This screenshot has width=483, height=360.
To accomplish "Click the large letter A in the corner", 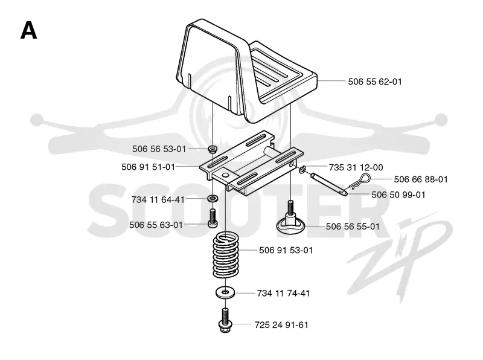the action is point(28,31).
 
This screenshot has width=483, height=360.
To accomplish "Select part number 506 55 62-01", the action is point(375,82).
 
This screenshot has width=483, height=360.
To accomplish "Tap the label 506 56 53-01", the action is point(159,149).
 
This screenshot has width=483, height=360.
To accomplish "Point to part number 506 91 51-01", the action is point(148,167).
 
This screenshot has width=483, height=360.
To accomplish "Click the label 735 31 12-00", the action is point(356,167).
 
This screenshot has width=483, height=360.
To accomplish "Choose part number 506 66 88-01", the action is point(421,179).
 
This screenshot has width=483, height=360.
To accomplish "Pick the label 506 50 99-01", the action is point(398,194).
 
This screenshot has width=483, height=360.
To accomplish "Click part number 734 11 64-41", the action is point(158,200).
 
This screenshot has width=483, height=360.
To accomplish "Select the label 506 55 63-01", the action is point(156,225).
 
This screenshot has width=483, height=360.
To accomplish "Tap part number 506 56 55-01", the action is point(353,227).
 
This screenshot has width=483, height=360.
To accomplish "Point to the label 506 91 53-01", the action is point(286,250).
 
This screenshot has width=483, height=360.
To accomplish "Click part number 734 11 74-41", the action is point(283,293).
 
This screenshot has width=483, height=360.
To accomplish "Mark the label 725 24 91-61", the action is point(281,325).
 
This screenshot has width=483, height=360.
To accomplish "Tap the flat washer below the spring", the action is point(225,292).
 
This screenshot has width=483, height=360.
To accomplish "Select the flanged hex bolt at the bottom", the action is point(225,321).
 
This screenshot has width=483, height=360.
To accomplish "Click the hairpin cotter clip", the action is point(359,182).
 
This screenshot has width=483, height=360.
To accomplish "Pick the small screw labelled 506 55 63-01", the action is point(213,218).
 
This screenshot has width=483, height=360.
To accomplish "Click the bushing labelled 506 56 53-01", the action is point(213,149).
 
